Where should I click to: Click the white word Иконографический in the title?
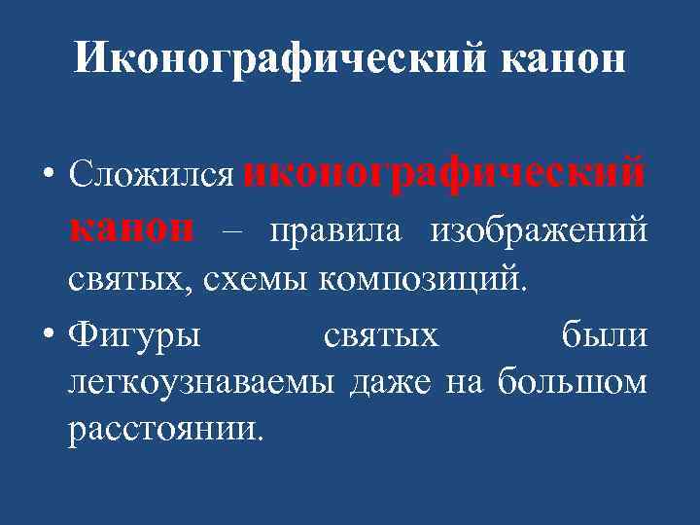(x=281, y=61)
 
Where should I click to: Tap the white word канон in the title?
(x=561, y=61)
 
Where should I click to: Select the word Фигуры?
(x=135, y=335)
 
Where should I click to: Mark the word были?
(x=604, y=335)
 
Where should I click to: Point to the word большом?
(x=571, y=383)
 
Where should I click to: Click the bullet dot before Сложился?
(x=50, y=176)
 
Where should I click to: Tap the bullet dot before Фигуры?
(x=50, y=335)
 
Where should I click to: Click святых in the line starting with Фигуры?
(x=380, y=335)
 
